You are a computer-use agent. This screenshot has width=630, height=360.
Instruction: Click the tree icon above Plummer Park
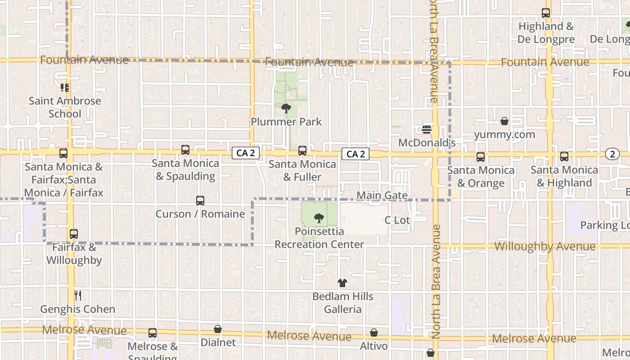click(286, 108)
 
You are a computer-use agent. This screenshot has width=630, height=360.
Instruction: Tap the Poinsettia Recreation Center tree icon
click(319, 218)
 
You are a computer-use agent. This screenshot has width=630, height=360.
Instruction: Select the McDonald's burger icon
click(427, 130)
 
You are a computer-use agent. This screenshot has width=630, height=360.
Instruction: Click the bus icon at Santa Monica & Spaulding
click(185, 150)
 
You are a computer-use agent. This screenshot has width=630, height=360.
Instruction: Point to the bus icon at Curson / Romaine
click(200, 200)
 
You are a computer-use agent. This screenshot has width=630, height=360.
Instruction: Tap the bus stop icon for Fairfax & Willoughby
click(74, 234)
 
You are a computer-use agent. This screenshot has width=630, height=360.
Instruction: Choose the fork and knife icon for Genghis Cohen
click(78, 296)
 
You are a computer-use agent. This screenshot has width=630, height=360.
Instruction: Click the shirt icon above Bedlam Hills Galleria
click(342, 283)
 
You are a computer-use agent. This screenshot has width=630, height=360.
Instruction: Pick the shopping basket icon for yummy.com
click(504, 121)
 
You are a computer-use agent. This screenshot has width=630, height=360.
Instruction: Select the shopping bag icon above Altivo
click(374, 333)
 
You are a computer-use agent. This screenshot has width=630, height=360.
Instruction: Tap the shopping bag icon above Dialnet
click(218, 329)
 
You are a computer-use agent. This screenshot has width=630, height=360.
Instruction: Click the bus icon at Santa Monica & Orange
click(481, 157)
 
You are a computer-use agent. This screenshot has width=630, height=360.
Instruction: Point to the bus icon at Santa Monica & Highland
click(564, 157)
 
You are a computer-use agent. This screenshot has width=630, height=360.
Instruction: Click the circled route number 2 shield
click(612, 154)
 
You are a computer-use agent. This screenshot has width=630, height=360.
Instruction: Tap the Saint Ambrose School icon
click(65, 87)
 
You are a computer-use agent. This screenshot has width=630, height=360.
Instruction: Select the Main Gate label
click(382, 195)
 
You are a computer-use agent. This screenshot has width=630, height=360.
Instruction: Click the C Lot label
click(397, 220)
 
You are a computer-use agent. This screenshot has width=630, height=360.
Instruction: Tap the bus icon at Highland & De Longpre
click(546, 13)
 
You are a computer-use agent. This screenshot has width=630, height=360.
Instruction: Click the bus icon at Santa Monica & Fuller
click(302, 151)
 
